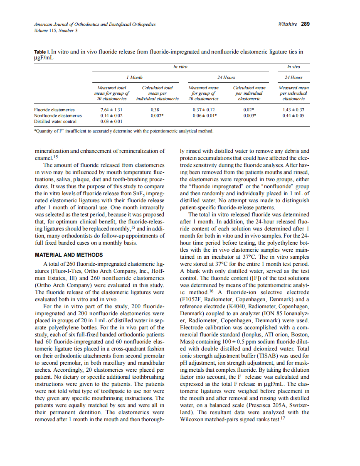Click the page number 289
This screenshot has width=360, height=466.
click(x=306, y=24)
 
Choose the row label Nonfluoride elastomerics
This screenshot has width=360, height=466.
click(x=58, y=115)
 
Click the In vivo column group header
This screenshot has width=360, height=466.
click(x=294, y=66)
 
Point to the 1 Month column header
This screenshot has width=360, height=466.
click(x=134, y=77)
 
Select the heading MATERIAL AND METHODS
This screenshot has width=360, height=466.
click(x=68, y=255)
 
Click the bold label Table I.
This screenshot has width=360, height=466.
click(x=42, y=52)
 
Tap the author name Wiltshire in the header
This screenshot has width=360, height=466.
click(x=287, y=24)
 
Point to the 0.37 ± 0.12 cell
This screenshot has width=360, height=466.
click(x=204, y=110)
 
